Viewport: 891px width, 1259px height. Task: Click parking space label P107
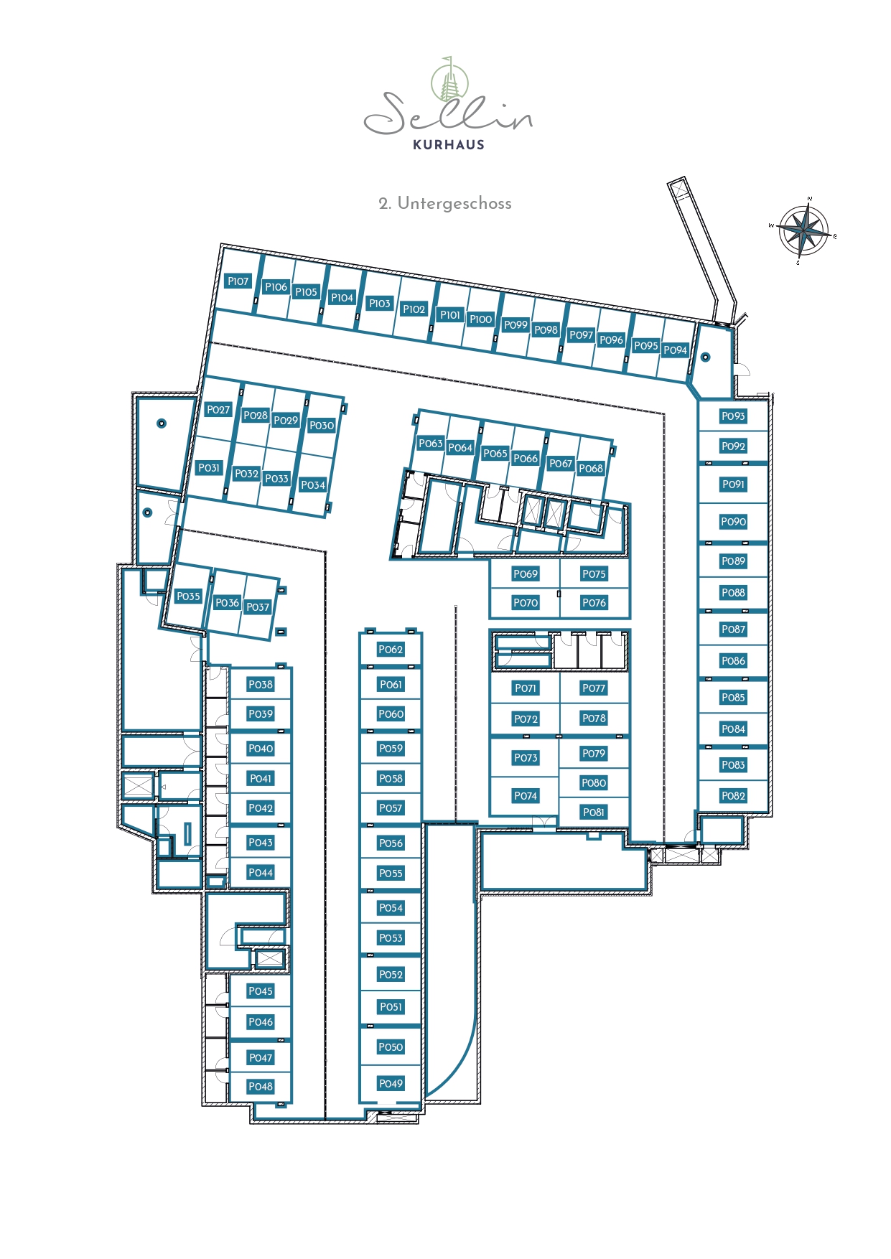[238, 281]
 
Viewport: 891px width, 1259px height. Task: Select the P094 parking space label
[676, 350]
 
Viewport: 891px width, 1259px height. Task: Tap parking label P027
[218, 410]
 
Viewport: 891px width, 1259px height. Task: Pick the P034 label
[313, 485]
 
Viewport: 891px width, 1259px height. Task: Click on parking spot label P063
[431, 444]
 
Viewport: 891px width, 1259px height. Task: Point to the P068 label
[591, 469]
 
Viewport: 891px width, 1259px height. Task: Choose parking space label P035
[189, 596]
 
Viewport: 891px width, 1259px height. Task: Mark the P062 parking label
[391, 650]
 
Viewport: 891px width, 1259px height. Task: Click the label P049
[391, 1084]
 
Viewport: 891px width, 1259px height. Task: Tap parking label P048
[261, 1087]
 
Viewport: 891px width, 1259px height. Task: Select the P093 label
[733, 416]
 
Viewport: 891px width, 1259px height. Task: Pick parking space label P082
[733, 796]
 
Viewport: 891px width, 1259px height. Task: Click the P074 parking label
[526, 796]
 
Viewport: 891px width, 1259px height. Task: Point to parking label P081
[594, 813]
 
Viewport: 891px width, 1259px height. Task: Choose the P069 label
[526, 574]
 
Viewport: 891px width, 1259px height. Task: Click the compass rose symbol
[804, 231]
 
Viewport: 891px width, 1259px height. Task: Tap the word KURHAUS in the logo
[449, 144]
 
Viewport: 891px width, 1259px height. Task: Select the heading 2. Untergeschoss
[445, 203]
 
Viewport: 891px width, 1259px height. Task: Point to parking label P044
[261, 873]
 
